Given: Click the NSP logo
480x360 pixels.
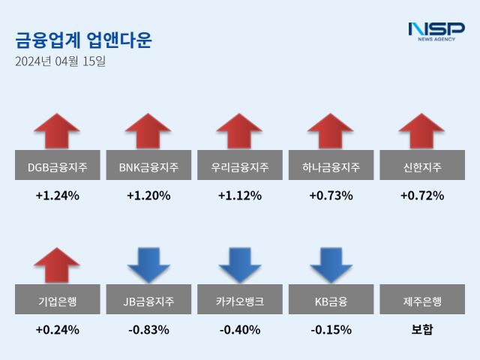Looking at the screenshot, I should point(436,31).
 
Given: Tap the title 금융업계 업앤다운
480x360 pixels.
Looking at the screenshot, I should point(83,40).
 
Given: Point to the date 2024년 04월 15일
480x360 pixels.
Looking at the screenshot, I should point(60,61).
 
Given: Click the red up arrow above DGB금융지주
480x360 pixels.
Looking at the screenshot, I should point(57,131).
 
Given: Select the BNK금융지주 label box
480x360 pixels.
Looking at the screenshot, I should point(148,166).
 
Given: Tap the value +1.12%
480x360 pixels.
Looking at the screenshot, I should point(240,196).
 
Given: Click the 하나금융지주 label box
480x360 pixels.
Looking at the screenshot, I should point(331,166).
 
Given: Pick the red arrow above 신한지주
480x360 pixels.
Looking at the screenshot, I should point(422,131).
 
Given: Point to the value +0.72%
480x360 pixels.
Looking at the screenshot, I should point(422,196).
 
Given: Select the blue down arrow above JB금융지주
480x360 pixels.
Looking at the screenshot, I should point(148,265).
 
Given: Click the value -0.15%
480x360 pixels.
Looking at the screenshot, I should point(331,329).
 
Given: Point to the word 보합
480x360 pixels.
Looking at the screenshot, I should point(422,329).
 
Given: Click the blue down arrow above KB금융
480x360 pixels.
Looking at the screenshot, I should point(331,265).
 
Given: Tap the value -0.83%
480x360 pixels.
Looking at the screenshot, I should point(148,329).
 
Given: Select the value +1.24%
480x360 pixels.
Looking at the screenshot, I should point(57,196).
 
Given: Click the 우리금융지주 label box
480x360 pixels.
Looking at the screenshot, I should point(240,166).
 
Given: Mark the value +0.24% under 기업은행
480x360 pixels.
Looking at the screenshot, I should point(57,329).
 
